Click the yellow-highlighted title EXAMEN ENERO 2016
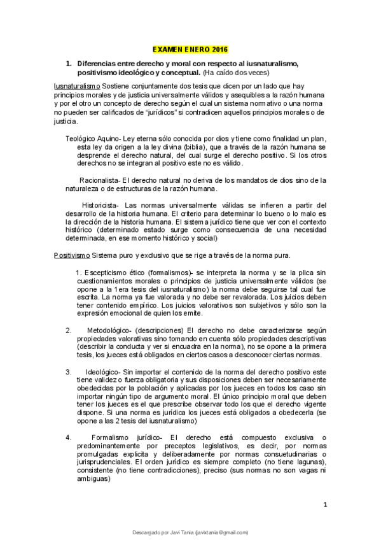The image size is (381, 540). (190, 49)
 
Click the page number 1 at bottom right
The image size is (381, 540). (324, 505)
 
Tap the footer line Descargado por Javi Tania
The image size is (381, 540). (190, 532)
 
